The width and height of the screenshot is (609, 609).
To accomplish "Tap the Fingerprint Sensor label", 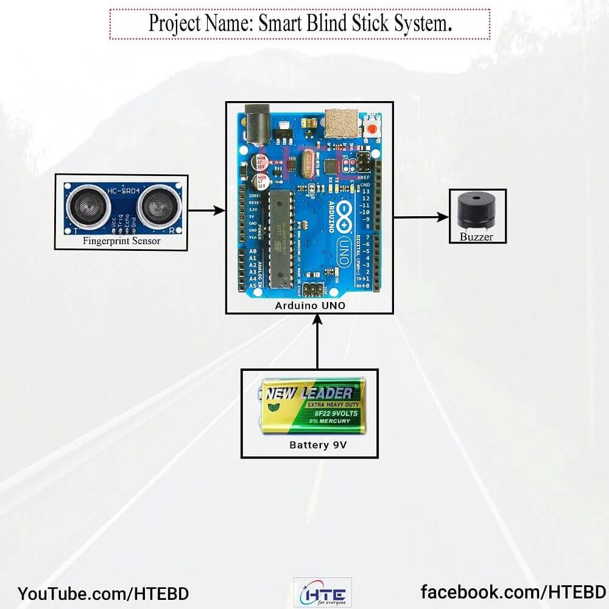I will pos(122,241).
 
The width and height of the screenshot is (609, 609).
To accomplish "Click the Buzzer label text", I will pos(476,236).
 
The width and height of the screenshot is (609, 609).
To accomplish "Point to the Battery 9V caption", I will pos(317,445).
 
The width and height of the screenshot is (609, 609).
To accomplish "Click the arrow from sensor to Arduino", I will pos(206,211).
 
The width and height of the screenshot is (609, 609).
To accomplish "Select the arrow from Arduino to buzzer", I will pos(421,216).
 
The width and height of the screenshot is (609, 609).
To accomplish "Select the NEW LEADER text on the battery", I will pos(308,393).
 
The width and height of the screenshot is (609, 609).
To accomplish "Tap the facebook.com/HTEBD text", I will pos(513,592).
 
